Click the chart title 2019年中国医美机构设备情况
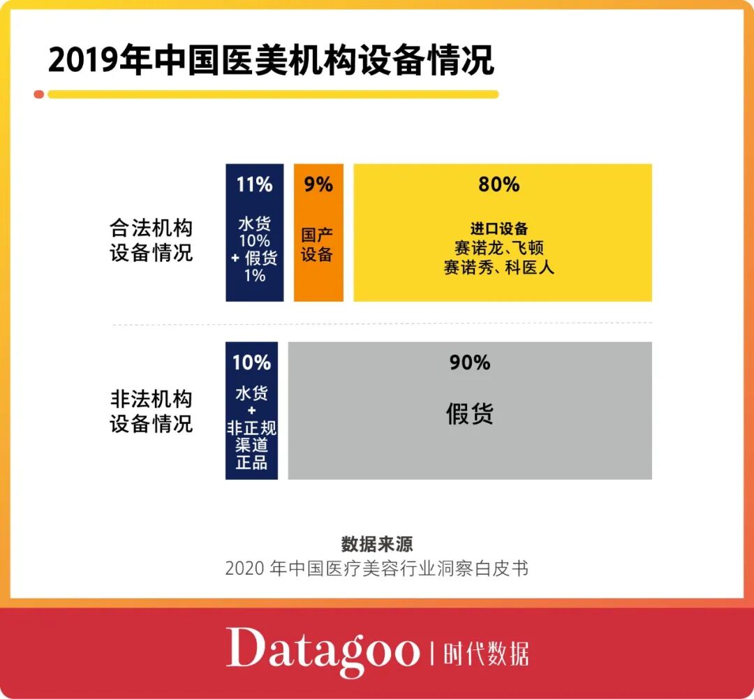pos(271,61)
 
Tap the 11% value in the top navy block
pos(254,185)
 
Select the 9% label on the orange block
pos(318,185)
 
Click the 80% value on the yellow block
pos(499,185)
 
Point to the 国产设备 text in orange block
pos(317,244)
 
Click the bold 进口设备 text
pos(499,229)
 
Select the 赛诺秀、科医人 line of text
pos(499,267)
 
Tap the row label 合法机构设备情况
pos(151,240)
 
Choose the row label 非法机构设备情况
pos(151,412)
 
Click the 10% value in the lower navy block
pos(251,363)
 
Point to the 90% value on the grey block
pos(470,363)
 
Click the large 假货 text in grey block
pos(470,414)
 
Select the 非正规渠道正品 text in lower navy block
pos(251,445)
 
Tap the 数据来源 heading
pos(377,544)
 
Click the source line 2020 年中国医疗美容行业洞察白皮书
pos(377,568)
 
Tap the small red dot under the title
pos(39,94)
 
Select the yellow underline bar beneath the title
pos(272,94)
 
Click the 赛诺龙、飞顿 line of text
pos(499,248)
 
